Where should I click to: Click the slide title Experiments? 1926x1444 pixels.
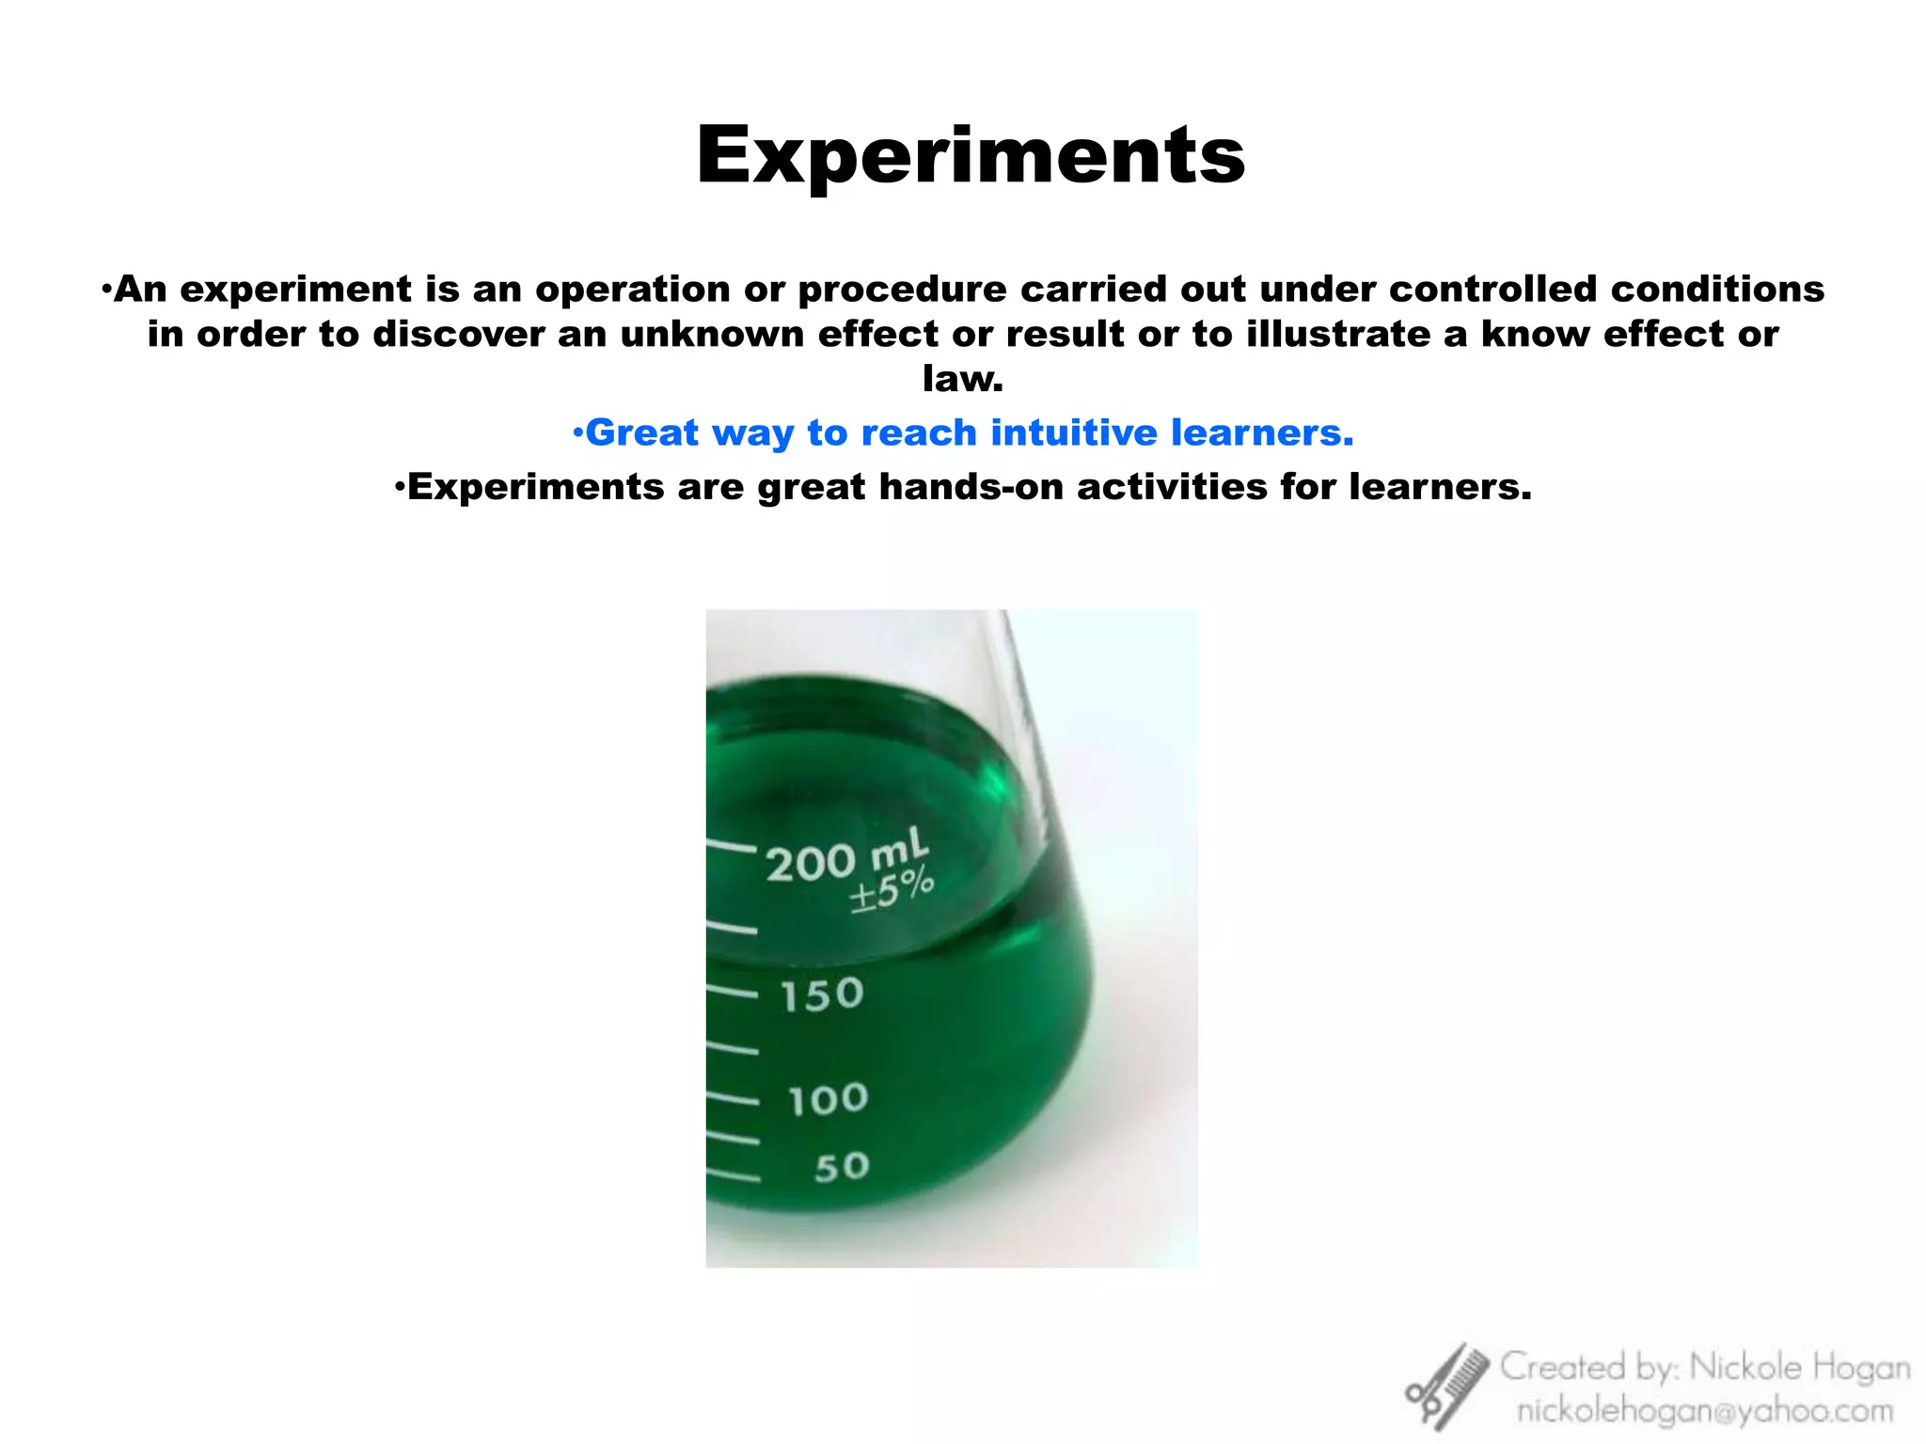(x=971, y=156)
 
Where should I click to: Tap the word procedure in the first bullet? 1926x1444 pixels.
(x=902, y=290)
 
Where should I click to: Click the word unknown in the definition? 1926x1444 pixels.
(x=712, y=334)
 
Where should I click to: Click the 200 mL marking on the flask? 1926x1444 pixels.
(x=845, y=858)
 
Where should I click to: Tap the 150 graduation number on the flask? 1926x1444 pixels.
(x=822, y=995)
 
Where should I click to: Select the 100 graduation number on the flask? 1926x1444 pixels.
(x=828, y=1099)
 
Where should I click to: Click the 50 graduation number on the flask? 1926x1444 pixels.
(x=842, y=1168)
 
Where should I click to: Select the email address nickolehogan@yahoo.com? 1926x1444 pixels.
(x=1704, y=1411)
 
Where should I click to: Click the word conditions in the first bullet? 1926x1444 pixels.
(x=1717, y=289)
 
